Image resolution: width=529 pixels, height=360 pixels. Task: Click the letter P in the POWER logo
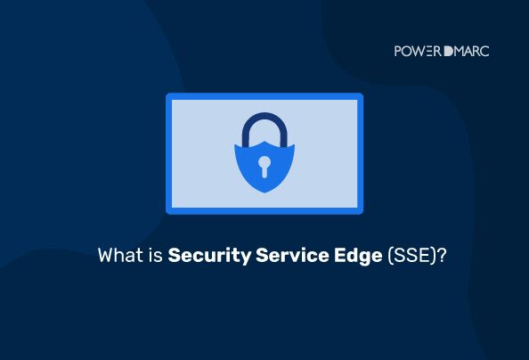coord(398,51)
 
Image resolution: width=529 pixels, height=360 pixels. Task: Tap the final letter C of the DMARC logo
coord(484,51)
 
